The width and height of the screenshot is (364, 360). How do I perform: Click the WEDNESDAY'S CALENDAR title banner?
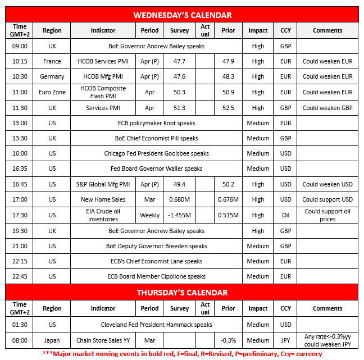click(182, 15)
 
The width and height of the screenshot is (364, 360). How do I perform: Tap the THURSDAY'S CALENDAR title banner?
click(182, 293)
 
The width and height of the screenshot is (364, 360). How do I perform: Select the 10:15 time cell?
click(20, 61)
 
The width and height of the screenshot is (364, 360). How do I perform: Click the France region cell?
click(52, 61)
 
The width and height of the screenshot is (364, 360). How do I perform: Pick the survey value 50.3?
click(180, 92)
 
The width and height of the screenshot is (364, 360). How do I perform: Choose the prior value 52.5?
click(228, 108)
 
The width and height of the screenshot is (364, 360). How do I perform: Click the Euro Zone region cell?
click(52, 92)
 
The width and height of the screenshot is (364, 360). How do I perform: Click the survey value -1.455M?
click(180, 215)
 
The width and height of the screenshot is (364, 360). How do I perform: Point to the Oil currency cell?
click(285, 215)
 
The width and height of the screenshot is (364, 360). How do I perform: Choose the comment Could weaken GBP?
click(327, 108)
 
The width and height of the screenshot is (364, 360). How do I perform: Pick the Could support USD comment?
click(327, 199)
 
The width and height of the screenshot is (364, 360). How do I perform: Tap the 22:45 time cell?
click(20, 276)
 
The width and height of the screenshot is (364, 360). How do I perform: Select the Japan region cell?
click(52, 340)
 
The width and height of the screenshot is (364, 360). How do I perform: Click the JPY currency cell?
click(285, 340)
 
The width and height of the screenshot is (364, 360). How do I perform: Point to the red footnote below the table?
click(182, 354)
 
